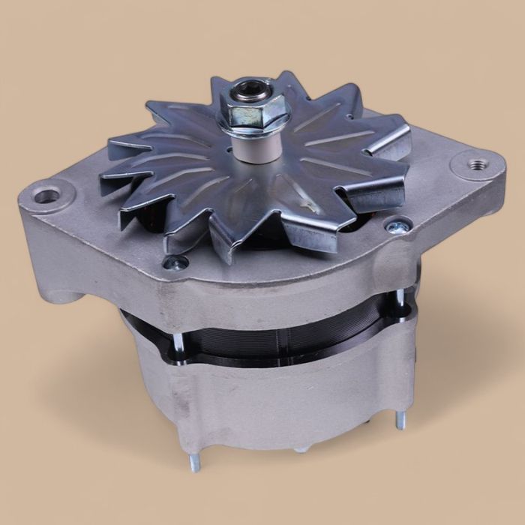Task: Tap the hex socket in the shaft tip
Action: (245, 94)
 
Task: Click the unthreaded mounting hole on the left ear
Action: (46, 196)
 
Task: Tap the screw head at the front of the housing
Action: (178, 262)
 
